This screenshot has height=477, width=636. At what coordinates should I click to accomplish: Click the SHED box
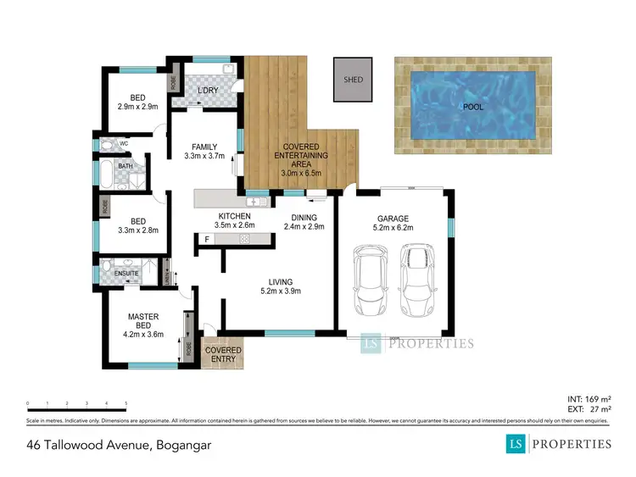[x=353, y=80]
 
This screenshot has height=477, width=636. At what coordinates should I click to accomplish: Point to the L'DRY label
[x=209, y=91]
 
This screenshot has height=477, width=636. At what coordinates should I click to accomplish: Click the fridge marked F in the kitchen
[x=206, y=240]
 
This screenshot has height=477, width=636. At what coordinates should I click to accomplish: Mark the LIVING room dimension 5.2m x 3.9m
[x=281, y=291]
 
